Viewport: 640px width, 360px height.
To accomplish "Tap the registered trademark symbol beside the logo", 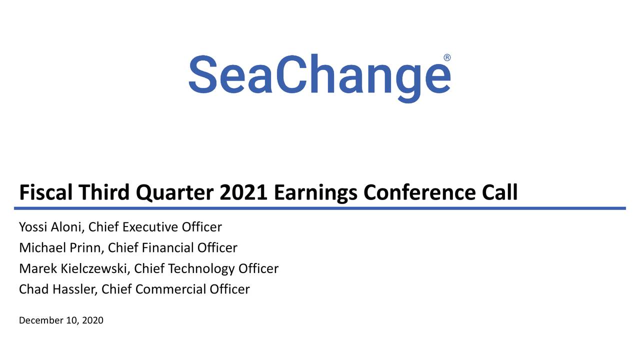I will tap(446, 57).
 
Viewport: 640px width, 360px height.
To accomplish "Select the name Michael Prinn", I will tap(60, 248).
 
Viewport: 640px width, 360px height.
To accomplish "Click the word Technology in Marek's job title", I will tap(201, 269).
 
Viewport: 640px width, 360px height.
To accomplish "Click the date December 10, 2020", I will tap(61, 320).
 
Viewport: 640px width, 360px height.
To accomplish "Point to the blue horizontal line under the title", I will tap(320, 208).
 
